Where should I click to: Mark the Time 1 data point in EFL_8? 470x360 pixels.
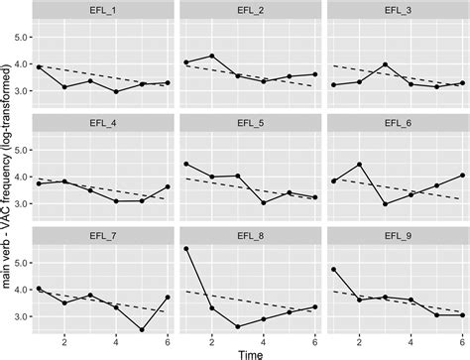pos(184,249)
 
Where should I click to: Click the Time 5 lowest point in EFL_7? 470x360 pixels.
pos(142,330)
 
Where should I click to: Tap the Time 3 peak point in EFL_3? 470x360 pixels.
pos(382,64)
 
